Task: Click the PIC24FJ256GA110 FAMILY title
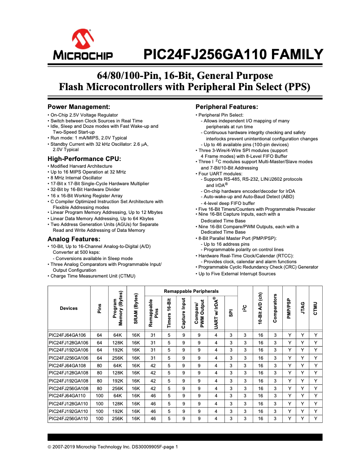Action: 233,55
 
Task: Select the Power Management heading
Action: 79,107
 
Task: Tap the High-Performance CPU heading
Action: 84,159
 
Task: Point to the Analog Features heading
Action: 74,239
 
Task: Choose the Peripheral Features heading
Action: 227,107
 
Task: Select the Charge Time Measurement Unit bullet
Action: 92,276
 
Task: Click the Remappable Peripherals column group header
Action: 191,291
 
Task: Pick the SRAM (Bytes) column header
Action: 136,309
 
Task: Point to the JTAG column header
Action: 303,309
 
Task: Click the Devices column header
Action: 69,309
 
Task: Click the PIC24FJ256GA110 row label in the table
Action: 69,418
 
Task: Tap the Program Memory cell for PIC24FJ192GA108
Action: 118,381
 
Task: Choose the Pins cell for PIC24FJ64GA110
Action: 100,396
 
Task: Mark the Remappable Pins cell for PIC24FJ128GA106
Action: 153,343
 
